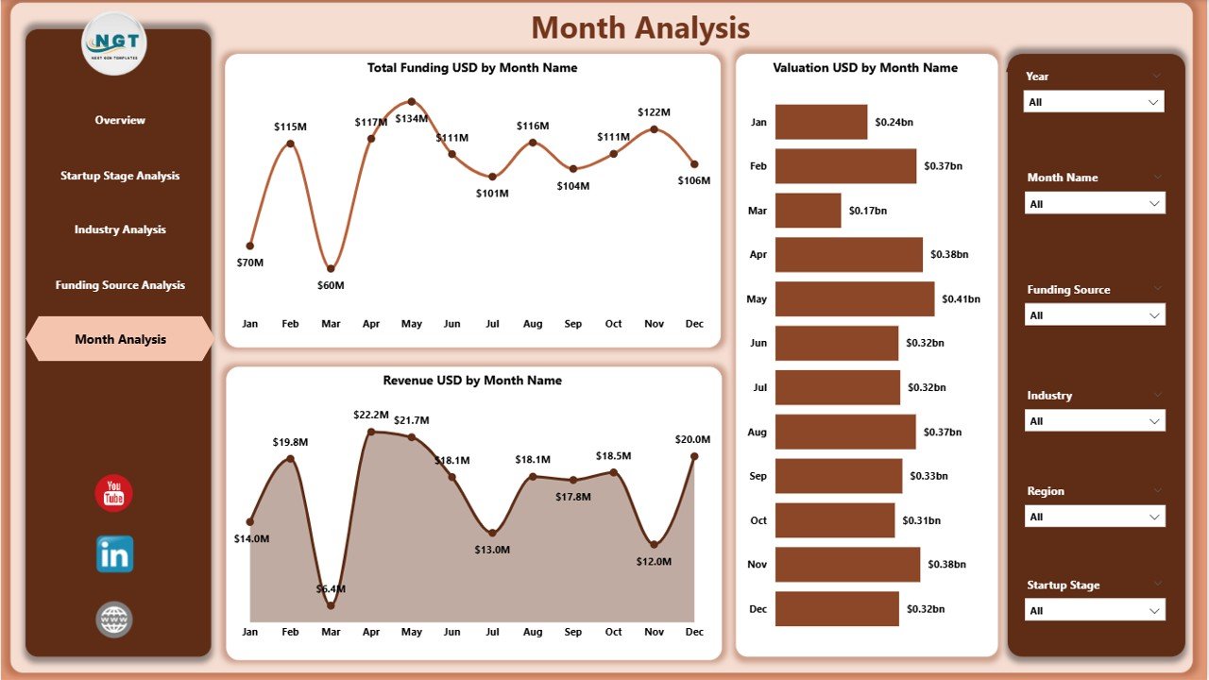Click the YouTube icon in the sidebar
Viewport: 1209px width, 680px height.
(114, 493)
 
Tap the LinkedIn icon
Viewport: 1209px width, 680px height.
(114, 554)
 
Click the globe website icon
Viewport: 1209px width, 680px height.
(114, 620)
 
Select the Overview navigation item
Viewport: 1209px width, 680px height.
(120, 120)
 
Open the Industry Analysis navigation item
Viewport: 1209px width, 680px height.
(120, 229)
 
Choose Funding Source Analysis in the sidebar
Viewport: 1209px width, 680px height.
(120, 285)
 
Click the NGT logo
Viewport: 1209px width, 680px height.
(114, 42)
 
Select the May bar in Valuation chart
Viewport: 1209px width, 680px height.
(854, 298)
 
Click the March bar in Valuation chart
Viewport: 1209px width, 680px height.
(808, 211)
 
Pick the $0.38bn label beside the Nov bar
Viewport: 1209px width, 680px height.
(947, 565)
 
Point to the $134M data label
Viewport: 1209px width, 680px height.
(412, 118)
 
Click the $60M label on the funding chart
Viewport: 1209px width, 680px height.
(331, 285)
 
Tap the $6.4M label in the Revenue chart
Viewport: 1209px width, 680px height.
(331, 588)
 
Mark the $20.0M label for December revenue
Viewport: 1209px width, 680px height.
(692, 439)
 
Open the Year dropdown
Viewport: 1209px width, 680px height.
(1094, 102)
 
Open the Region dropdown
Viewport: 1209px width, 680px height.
(1094, 517)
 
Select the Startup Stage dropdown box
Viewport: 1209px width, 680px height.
(1094, 611)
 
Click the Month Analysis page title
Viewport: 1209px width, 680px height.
(640, 28)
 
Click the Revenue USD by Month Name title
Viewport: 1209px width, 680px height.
(472, 381)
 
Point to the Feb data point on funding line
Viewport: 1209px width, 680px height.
(290, 144)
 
